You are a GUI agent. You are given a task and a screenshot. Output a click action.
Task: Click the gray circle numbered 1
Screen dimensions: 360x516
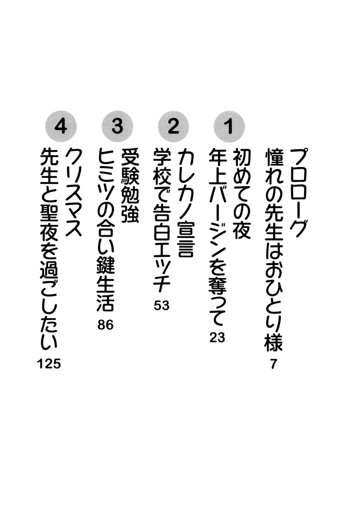click(x=229, y=126)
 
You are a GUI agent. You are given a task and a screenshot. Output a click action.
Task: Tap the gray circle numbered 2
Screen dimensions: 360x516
click(x=174, y=126)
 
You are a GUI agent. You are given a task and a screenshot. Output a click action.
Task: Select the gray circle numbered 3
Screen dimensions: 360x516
click(x=118, y=126)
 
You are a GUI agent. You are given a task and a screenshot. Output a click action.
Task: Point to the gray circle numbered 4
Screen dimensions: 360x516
click(x=61, y=126)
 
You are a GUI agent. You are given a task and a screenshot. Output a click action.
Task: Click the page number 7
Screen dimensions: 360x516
click(x=273, y=364)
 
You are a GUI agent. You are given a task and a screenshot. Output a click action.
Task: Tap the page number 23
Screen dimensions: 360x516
click(x=217, y=338)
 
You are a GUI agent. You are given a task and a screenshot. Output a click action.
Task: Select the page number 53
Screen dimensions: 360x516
click(x=161, y=306)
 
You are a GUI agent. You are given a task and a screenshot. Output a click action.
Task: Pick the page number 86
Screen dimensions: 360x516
click(x=106, y=325)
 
